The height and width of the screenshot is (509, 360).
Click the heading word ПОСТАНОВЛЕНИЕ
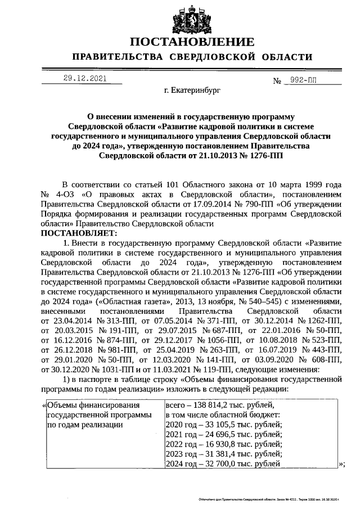click(192, 42)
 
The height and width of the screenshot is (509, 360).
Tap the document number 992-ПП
click(301, 80)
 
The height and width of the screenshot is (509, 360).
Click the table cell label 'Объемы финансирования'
click(93, 405)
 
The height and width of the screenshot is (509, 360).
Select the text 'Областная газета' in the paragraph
click(129, 301)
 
